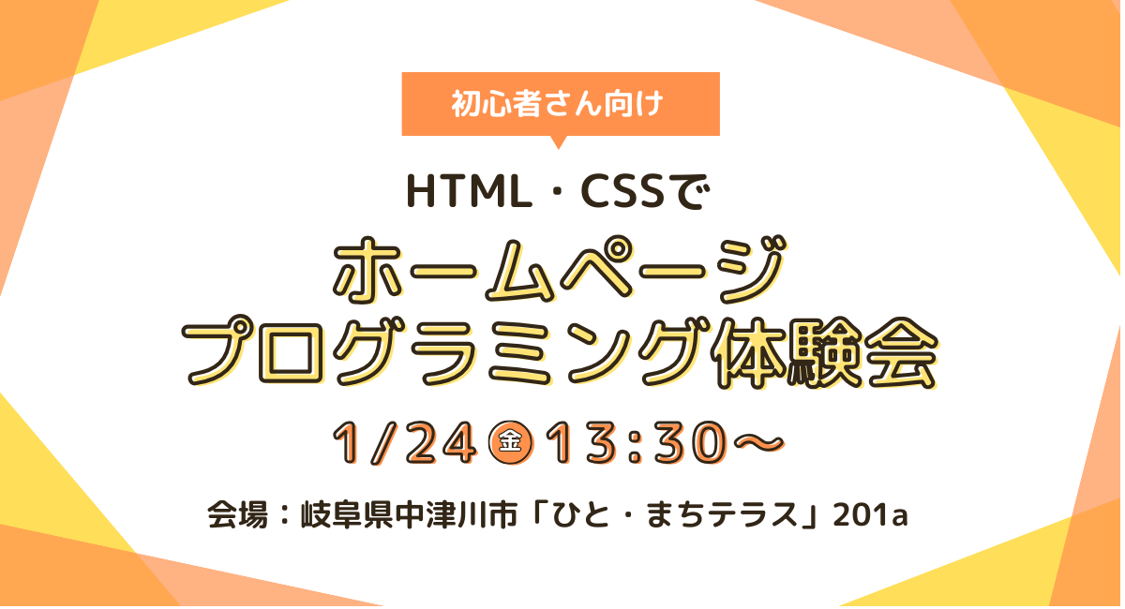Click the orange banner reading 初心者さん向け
[x=560, y=104]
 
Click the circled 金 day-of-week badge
[x=512, y=442]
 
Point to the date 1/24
[x=408, y=442]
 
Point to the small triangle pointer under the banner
[x=560, y=142]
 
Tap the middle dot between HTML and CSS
[x=548, y=191]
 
